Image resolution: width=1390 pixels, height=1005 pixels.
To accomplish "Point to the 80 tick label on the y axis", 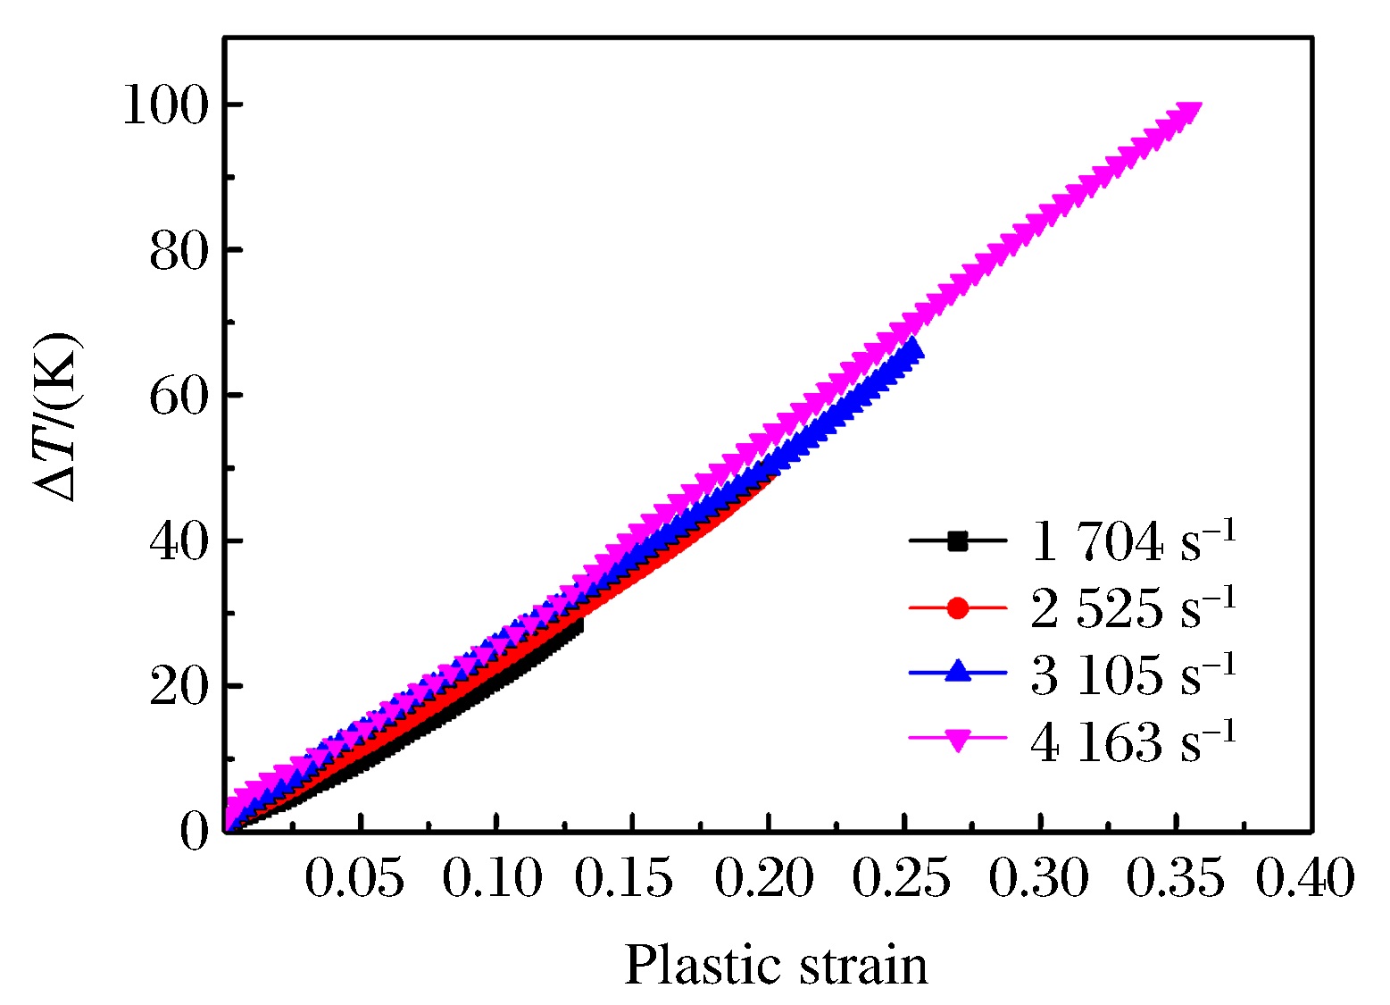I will pos(179,251).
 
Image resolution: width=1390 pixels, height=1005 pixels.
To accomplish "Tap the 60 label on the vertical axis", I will pos(179,396).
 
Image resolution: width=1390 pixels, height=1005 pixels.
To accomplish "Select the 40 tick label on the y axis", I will pos(179,541).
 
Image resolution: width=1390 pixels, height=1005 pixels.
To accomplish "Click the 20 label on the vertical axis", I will pos(179,687).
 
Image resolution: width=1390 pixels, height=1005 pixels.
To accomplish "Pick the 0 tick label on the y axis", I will pos(194,832).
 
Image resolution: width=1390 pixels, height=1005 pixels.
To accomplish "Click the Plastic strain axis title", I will pos(776,966).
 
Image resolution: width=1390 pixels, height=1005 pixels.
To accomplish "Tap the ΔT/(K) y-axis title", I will pos(57,416).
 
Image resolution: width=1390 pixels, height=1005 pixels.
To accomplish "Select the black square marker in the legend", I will pos(957,540).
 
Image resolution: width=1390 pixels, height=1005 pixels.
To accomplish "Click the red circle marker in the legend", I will pos(957,607).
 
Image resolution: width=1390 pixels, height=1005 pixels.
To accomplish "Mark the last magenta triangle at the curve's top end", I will pos(1190,112).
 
